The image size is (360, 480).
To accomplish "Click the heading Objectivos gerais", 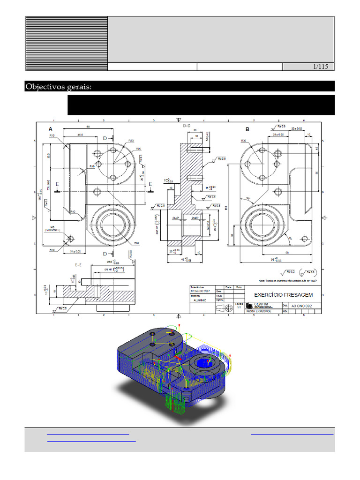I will pyautogui.click(x=58, y=87).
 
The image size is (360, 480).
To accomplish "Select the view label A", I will pyautogui.click(x=50, y=129).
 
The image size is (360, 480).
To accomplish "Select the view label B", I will pyautogui.click(x=247, y=129).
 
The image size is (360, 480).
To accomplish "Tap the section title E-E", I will pyautogui.click(x=79, y=264).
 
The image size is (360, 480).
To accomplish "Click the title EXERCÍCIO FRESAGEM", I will pyautogui.click(x=283, y=295).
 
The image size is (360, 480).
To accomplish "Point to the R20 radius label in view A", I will pyautogui.click(x=139, y=149).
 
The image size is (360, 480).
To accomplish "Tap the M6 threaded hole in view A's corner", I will pyautogui.click(x=69, y=239).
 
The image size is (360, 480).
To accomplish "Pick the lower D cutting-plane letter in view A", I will pyautogui.click(x=105, y=254).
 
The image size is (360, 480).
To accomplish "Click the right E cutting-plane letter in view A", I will pyautogui.click(x=150, y=184).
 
